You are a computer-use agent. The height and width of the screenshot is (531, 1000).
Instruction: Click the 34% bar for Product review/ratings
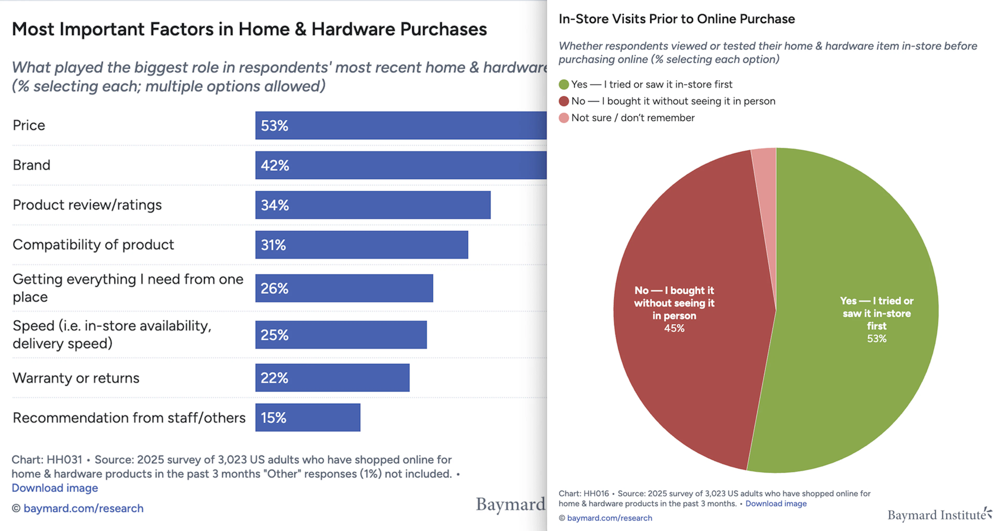tap(373, 205)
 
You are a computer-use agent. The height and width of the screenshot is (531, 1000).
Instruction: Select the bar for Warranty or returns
tap(332, 378)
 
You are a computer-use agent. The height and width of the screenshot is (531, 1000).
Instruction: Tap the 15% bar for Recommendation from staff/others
tap(308, 418)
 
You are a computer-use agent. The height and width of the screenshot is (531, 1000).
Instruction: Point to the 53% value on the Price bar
tap(274, 126)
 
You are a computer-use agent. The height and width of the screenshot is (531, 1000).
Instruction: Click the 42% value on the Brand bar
tap(275, 165)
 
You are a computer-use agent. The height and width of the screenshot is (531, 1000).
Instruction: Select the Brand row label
tap(32, 165)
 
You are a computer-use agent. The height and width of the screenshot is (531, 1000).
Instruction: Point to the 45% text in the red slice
tap(674, 328)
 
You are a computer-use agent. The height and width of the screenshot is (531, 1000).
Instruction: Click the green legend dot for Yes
tap(564, 84)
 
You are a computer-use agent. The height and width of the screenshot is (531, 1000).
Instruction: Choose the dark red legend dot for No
tap(564, 101)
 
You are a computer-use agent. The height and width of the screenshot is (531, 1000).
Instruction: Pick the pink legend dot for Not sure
tap(564, 118)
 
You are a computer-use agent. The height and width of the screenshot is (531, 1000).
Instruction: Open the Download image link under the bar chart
tap(55, 488)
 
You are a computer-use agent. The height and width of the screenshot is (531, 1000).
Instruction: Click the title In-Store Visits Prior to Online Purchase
tap(677, 19)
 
